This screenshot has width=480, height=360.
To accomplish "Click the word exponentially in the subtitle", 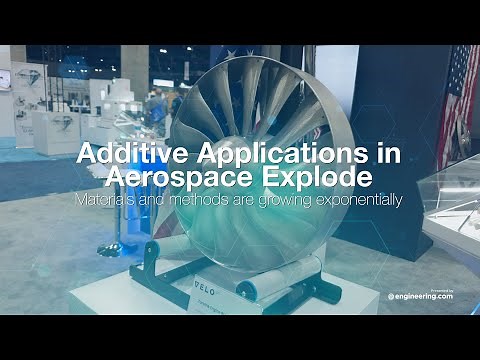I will coord(352,201).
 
